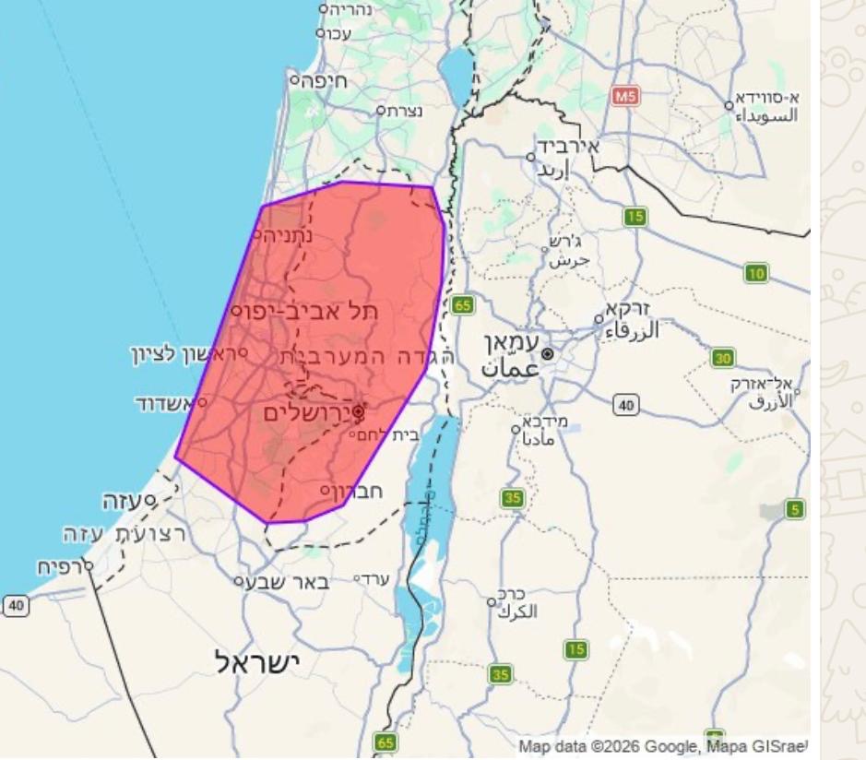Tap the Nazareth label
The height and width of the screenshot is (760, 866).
pyautogui.click(x=405, y=110)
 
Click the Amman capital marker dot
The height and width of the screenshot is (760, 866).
pyautogui.click(x=548, y=353)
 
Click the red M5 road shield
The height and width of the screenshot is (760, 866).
pyautogui.click(x=625, y=95)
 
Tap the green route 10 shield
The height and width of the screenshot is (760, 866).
pyautogui.click(x=756, y=273)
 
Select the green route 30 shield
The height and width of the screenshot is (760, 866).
pyautogui.click(x=723, y=358)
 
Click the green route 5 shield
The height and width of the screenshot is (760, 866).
pyautogui.click(x=794, y=508)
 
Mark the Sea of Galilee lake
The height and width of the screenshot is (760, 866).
pyautogui.click(x=455, y=68)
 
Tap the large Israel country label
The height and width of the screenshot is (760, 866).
pyautogui.click(x=257, y=661)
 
